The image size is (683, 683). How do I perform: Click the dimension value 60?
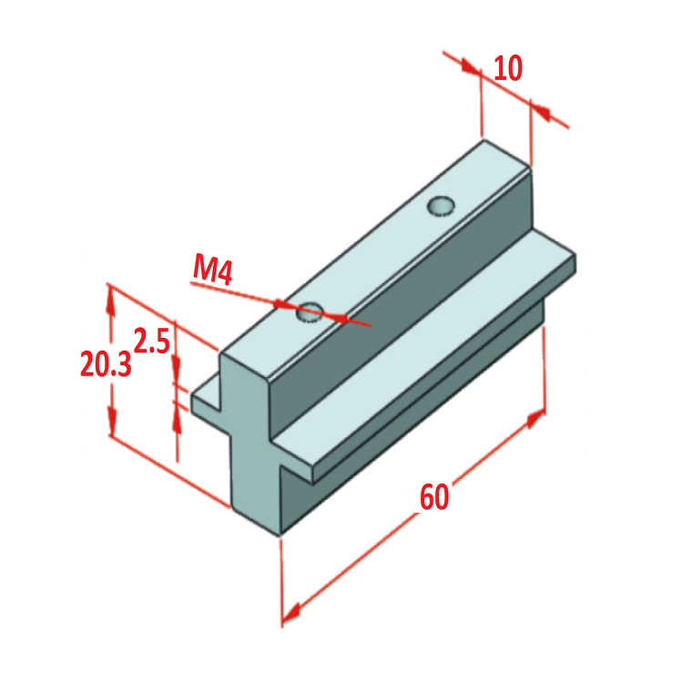[434, 497]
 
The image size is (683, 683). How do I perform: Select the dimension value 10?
[508, 68]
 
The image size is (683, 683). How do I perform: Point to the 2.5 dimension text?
[151, 341]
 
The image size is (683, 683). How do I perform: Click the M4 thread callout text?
[214, 270]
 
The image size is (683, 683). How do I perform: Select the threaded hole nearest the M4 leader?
[309, 312]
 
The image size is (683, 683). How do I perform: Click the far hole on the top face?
[442, 206]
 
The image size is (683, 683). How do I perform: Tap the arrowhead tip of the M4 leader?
[346, 319]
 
